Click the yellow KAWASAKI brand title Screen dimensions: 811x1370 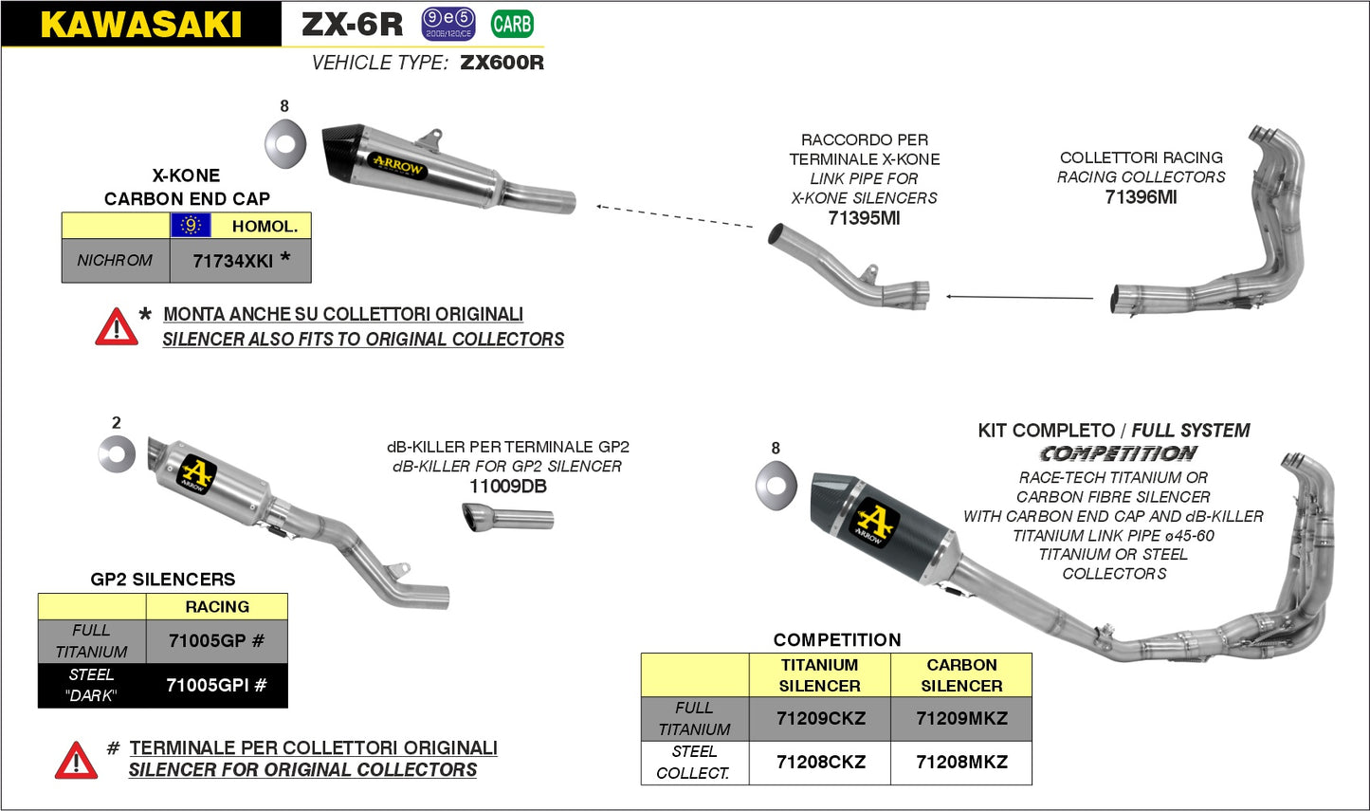(x=140, y=25)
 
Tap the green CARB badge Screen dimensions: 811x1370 (x=512, y=24)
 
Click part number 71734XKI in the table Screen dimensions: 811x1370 (x=233, y=261)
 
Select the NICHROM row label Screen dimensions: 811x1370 (x=115, y=261)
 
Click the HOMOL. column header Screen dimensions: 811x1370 (x=265, y=226)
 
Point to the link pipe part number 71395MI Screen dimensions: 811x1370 (x=864, y=218)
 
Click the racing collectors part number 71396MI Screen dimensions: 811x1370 (x=1141, y=197)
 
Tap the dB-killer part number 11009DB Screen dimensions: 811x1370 (x=507, y=487)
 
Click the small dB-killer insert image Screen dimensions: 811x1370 (x=508, y=519)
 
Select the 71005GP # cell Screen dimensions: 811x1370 (x=217, y=641)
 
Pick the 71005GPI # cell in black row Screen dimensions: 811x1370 (x=216, y=685)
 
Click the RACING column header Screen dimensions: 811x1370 (x=217, y=607)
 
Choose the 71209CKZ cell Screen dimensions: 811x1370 (x=820, y=719)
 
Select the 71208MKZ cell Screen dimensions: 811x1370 (x=961, y=763)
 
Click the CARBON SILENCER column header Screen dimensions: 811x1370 (x=961, y=675)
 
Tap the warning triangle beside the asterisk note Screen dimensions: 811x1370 (x=116, y=327)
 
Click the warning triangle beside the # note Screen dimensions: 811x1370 (x=76, y=761)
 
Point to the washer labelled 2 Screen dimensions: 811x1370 (x=118, y=454)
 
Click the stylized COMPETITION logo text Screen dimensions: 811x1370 (x=1118, y=454)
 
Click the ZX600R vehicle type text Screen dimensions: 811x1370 (x=502, y=64)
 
